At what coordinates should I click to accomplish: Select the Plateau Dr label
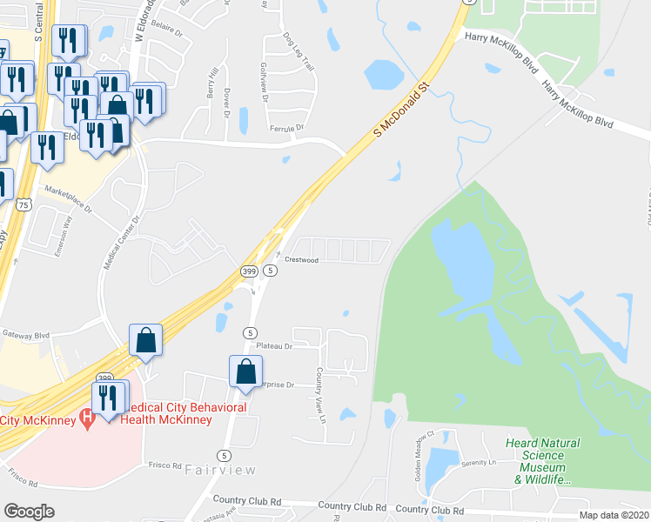[x=272, y=345]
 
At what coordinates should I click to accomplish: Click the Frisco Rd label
[x=164, y=465]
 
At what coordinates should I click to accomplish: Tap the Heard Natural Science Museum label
[x=542, y=461]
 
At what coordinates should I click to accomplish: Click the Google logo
[x=29, y=512]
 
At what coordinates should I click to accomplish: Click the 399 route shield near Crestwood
[x=248, y=272]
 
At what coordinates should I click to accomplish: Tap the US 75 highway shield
[x=23, y=204]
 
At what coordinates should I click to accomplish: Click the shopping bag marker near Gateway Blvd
[x=146, y=340]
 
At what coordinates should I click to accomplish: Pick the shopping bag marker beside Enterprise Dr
[x=246, y=371]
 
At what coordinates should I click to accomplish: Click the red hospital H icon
[x=85, y=419]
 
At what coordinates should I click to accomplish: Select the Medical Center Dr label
[x=121, y=242]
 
